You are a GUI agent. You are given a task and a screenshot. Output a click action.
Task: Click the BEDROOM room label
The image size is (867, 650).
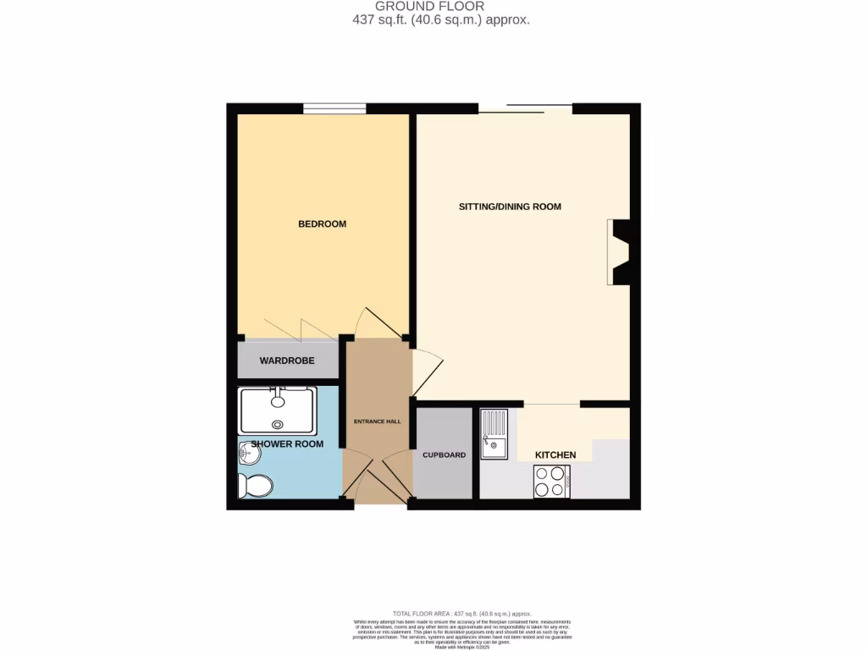coord(322,223)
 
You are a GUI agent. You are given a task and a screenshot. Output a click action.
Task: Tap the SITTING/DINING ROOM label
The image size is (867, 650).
coord(510,207)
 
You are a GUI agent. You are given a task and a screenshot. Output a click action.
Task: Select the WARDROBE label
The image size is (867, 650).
coord(286,361)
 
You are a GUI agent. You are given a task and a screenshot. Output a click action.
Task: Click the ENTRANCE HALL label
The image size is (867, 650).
coord(377,421)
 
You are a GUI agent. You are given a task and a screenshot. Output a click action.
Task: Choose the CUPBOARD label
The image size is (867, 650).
coord(445,454)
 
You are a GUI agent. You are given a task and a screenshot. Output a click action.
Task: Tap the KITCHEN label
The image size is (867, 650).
coord(555,454)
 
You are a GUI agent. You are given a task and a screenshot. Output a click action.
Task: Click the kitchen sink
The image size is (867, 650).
coord(493,433)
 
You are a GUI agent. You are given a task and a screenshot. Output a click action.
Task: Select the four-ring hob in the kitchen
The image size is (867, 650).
coord(551,482)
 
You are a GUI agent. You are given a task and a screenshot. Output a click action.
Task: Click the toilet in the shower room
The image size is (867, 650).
coord(255,486)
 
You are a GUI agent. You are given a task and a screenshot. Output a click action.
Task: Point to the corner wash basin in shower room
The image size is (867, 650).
coord(247,454)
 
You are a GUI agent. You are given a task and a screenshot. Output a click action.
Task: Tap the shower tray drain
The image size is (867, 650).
coord(277,426)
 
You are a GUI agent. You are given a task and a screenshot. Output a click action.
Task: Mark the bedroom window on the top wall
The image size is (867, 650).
coord(335,108)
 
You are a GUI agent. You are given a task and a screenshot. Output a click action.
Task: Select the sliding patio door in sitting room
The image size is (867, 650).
coord(525,108)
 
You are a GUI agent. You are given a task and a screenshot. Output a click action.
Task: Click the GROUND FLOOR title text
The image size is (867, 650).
coord(429,6)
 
